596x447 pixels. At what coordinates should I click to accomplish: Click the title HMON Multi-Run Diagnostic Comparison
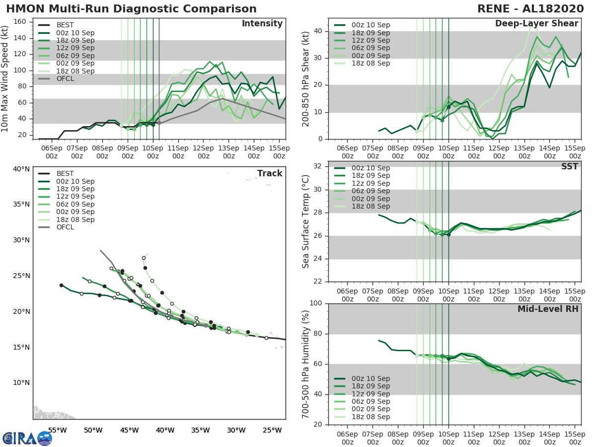132,9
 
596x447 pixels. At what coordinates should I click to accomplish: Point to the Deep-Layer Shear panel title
536,24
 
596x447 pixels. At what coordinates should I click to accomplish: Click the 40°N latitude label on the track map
21,169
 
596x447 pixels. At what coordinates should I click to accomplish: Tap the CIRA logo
27,438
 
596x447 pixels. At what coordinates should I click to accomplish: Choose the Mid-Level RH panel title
548,309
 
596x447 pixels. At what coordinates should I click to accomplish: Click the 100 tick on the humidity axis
316,303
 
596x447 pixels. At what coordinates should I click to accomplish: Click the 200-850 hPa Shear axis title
306,78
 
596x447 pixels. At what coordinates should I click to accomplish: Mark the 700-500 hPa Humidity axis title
306,364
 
